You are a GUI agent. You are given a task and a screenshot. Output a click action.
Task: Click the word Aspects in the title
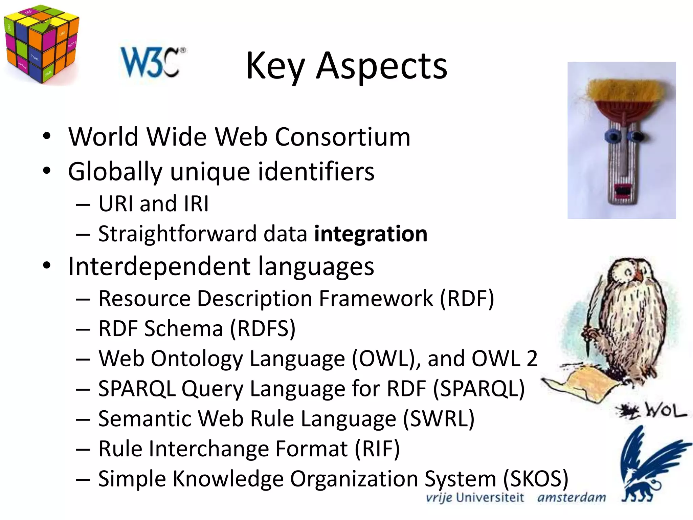381,66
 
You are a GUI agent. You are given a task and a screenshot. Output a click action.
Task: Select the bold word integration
371,234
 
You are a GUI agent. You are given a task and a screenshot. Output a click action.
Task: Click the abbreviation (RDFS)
263,328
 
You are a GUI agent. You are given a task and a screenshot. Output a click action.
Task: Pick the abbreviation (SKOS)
535,479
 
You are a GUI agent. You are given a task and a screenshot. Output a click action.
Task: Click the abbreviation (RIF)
377,449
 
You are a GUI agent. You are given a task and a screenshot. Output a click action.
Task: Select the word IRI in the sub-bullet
196,204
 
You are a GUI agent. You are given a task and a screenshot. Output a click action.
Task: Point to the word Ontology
196,359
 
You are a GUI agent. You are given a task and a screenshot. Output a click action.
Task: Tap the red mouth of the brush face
623,190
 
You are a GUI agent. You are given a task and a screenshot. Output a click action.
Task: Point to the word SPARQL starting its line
137,389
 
